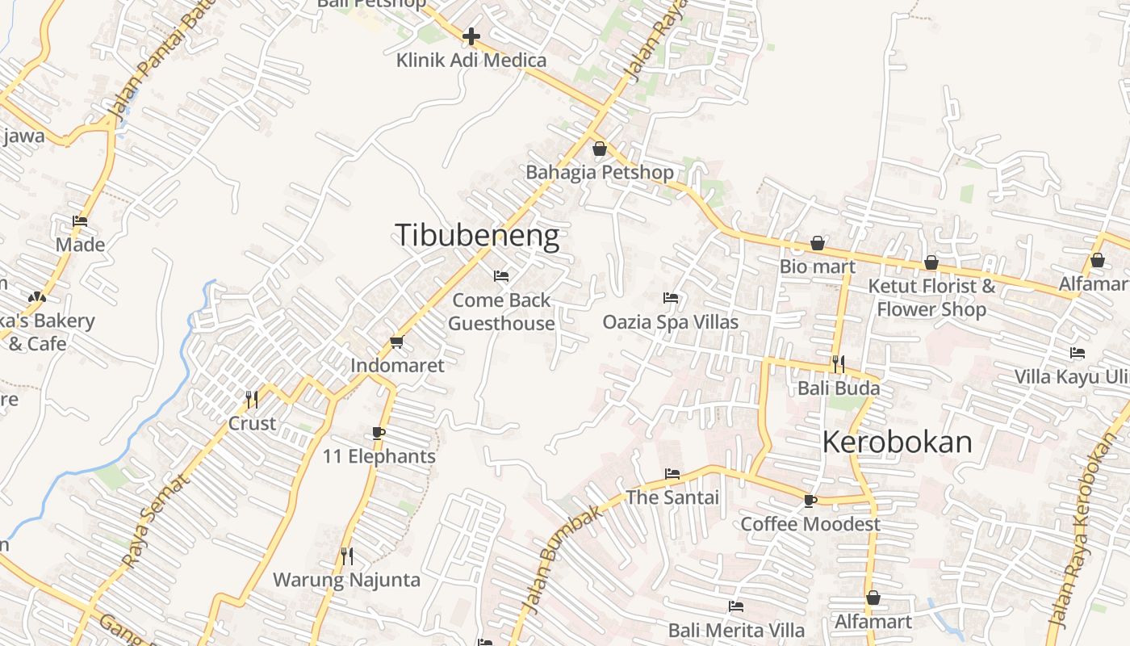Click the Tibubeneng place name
coord(476,235)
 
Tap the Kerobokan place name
coord(897,443)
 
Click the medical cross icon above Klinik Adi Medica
coord(471,36)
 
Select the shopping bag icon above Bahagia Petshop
coord(599,149)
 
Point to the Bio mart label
coord(817,266)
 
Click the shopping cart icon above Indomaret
coord(396,342)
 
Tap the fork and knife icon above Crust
coord(252,399)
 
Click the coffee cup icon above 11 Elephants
coord(379,433)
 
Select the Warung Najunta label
coord(346,580)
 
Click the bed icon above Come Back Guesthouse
coord(501,276)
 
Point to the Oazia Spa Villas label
coord(670,322)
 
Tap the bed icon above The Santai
coord(672,473)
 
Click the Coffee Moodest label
coord(810,524)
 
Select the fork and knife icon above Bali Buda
coord(838,364)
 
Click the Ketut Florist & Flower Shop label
coord(931,297)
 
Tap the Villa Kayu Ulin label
coord(1070,377)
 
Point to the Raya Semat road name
coord(155,521)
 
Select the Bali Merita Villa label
coord(735,630)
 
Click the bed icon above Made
coord(80,220)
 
